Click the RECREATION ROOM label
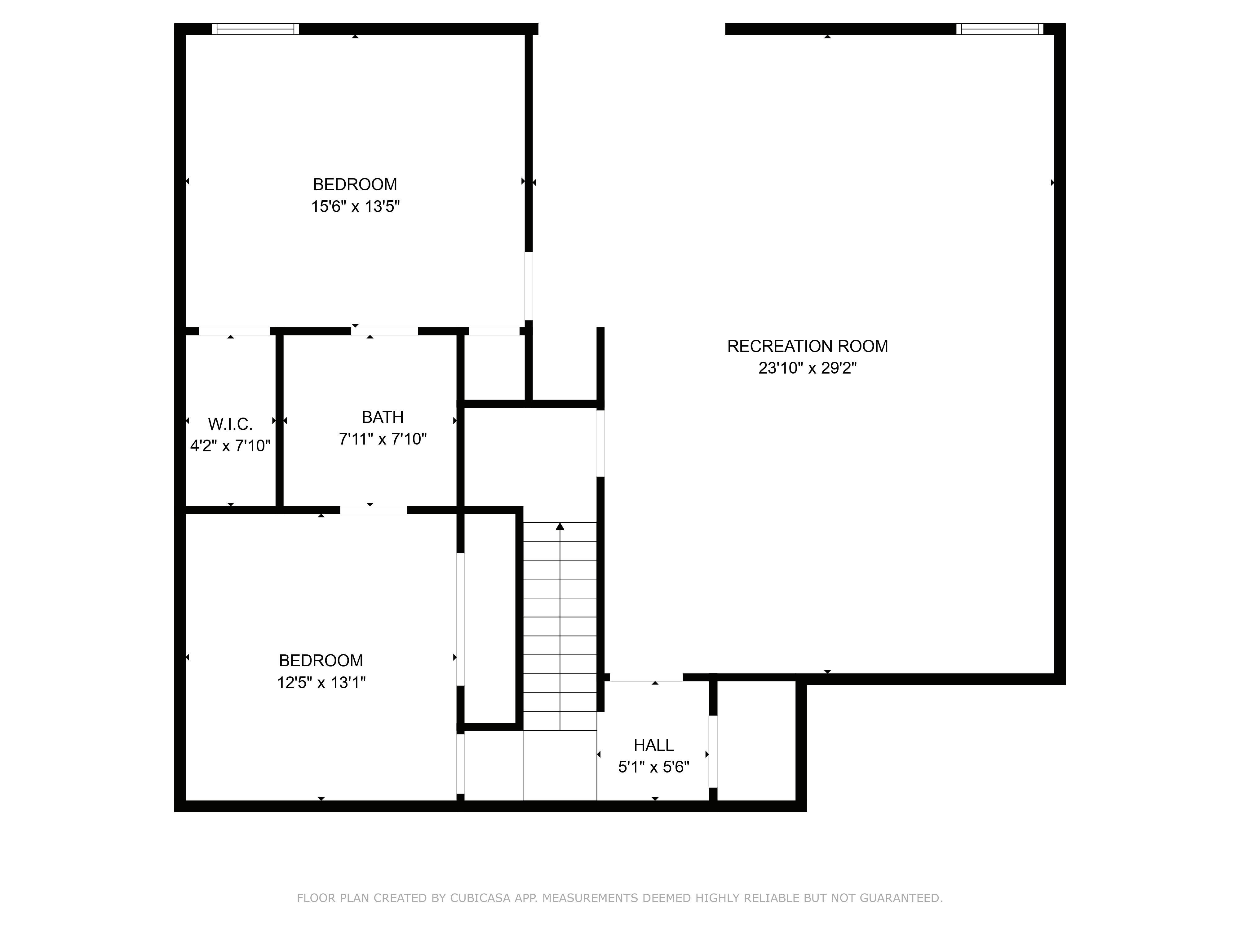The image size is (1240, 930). tap(807, 347)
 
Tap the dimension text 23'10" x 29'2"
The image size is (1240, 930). tap(807, 368)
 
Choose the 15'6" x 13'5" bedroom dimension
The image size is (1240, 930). tap(355, 207)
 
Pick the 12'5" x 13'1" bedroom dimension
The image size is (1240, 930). tap(321, 683)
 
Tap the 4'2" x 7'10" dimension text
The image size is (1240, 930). tap(230, 446)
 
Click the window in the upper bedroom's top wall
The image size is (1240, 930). tap(256, 29)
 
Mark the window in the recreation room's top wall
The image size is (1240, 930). tap(999, 29)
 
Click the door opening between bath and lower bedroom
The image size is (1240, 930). tap(373, 510)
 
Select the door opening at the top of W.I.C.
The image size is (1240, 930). tap(234, 331)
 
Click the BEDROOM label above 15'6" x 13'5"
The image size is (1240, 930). tap(355, 184)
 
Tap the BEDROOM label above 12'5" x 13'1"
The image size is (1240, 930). tap(321, 660)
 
